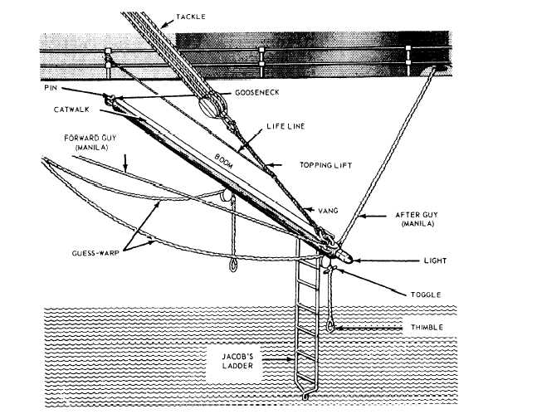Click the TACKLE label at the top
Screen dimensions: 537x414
(191, 17)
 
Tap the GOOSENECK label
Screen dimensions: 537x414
(256, 92)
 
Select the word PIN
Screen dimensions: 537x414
(51, 88)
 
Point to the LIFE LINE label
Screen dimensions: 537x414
(286, 126)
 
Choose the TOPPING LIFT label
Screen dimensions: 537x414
(325, 165)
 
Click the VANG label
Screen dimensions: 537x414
(328, 211)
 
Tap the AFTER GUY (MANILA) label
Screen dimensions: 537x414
(417, 219)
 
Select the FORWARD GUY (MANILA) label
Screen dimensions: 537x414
(90, 143)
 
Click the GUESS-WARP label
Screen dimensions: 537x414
(95, 253)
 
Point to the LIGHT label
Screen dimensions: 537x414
(435, 261)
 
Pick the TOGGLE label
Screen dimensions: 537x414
(426, 295)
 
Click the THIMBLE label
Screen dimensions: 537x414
(427, 328)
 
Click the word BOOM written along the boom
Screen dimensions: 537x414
(224, 161)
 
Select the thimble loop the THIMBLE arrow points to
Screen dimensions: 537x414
(330, 327)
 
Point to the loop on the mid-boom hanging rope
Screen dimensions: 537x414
(233, 265)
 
